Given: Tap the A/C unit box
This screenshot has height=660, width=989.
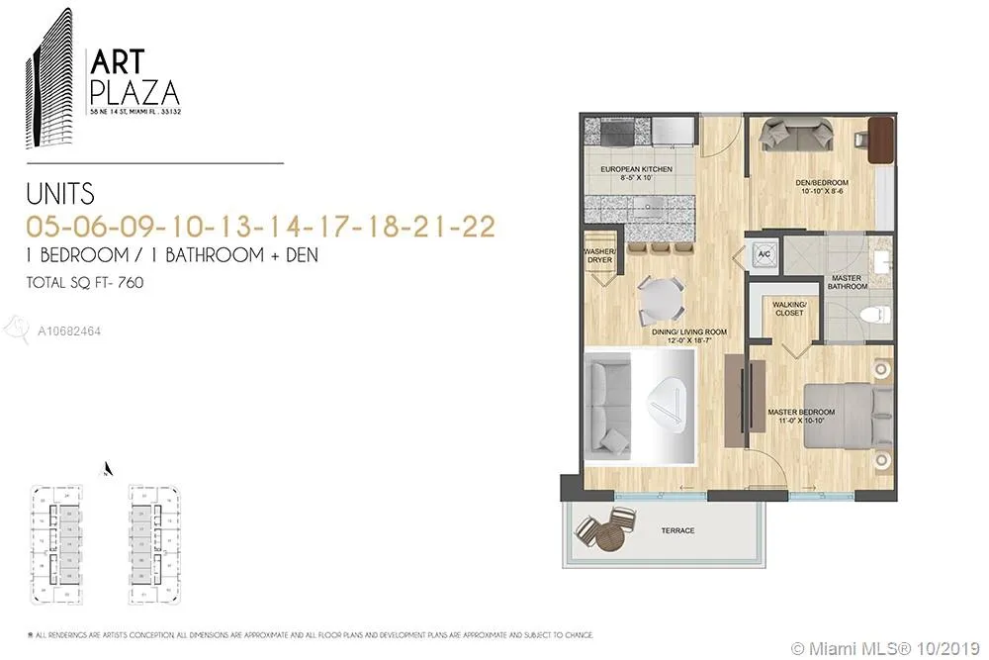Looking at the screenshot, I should tap(764, 253).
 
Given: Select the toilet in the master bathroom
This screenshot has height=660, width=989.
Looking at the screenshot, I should tap(871, 316).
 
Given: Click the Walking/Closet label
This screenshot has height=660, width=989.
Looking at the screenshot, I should tap(790, 308).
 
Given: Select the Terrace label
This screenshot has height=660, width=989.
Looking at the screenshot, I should tap(677, 531).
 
